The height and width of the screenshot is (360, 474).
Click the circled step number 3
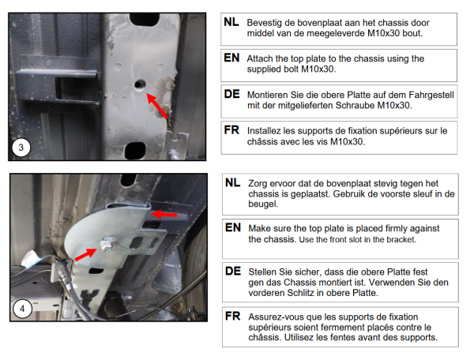click(21, 148)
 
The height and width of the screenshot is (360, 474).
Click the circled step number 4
click(22, 309)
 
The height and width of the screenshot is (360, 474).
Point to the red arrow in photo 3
click(157, 106)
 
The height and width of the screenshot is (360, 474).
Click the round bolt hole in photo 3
click(139, 84)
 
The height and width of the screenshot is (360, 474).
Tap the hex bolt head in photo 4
click(107, 245)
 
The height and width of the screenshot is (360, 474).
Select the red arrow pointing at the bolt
click(85, 254)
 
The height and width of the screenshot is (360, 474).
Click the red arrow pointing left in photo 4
click(164, 215)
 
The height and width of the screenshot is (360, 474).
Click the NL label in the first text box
click(231, 22)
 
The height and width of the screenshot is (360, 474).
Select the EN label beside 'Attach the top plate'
click(231, 58)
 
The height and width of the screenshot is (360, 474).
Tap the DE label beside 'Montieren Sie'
click(231, 94)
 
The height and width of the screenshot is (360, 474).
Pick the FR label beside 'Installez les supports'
click(231, 130)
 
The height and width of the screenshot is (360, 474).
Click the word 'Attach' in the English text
click(260, 58)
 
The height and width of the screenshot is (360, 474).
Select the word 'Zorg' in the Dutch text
click(258, 184)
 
